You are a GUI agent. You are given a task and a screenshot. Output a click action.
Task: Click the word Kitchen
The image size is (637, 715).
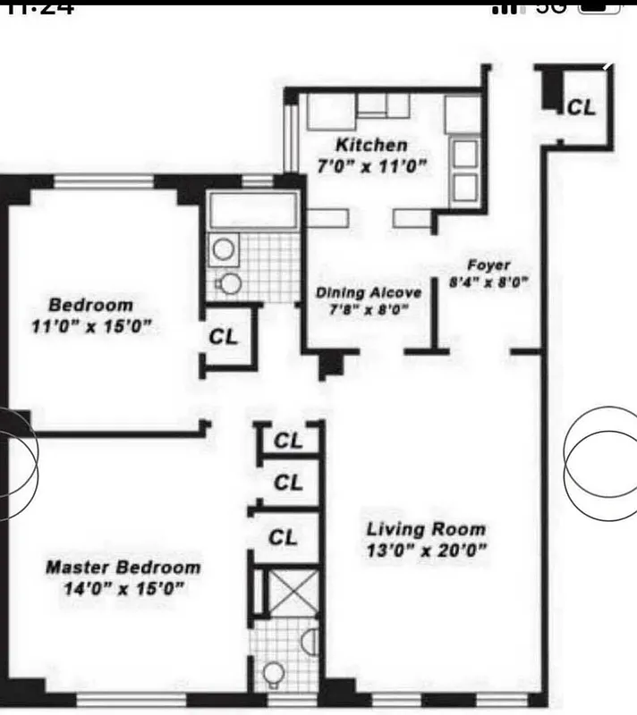(x=370, y=145)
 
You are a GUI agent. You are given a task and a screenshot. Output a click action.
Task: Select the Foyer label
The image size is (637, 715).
(x=488, y=265)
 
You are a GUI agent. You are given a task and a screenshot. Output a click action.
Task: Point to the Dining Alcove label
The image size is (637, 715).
(x=368, y=292)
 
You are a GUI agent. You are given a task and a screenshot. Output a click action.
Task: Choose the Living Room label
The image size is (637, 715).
(x=426, y=529)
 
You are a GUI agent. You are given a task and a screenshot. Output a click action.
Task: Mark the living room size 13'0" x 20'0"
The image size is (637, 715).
(x=426, y=550)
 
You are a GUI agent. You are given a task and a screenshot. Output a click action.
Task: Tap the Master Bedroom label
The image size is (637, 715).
(x=123, y=568)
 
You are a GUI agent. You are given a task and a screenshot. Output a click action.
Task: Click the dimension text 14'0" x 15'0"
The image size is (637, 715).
(x=123, y=588)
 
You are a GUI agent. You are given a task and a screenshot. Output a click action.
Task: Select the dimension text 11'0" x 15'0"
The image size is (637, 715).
(x=89, y=326)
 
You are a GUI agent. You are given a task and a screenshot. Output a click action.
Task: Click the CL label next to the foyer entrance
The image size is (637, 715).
(x=581, y=107)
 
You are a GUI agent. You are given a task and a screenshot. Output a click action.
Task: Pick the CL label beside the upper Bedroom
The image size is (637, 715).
(x=224, y=337)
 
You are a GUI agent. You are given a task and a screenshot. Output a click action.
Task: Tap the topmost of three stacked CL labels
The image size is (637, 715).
(x=287, y=441)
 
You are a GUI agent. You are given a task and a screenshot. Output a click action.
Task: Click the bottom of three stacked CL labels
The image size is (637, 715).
(x=283, y=537)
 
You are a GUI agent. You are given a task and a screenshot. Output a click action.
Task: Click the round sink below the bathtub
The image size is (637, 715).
(x=224, y=248)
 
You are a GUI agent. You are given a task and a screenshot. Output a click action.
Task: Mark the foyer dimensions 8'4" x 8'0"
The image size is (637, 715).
(x=488, y=283)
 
